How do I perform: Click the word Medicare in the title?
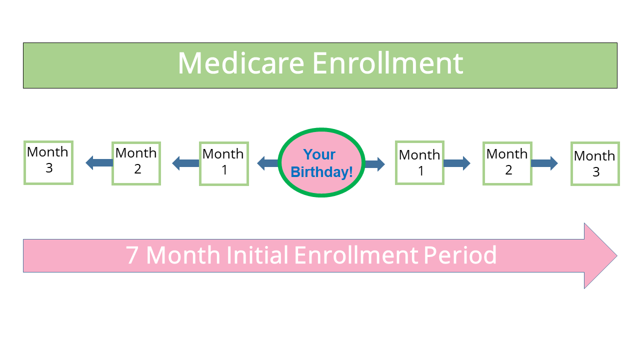point(241,63)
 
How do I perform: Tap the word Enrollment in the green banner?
point(387,63)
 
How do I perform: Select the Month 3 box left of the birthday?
point(48,162)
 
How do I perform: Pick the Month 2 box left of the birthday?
point(136,163)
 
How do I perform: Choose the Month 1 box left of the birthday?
point(224,163)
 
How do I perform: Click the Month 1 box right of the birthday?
point(419,162)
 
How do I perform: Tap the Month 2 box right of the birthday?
point(507,163)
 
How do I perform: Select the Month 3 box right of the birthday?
point(595,163)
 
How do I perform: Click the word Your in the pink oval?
point(319,154)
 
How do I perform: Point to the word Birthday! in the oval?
point(321,171)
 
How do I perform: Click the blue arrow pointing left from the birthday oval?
point(268,163)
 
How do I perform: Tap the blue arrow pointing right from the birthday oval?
point(374,164)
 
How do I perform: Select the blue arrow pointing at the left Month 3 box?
point(99,162)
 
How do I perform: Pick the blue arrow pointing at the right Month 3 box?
point(544,163)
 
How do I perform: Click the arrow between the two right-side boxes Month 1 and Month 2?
point(457,163)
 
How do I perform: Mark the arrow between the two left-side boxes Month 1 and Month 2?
point(185,163)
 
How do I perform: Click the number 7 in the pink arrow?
point(131,255)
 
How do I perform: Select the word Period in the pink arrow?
point(460,254)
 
